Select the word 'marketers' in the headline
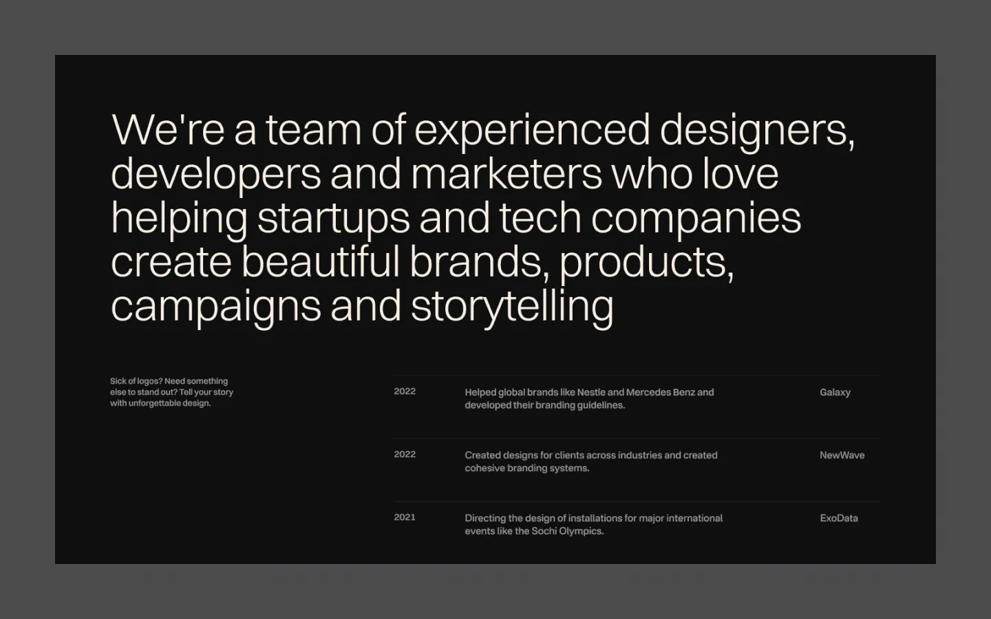pos(507,174)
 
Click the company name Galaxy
pos(835,392)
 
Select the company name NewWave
pos(842,455)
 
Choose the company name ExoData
pos(839,518)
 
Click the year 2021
pos(405,517)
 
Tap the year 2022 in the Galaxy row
pos(405,391)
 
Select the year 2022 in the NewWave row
pos(405,455)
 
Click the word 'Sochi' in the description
pos(544,531)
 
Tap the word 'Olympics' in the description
pos(582,532)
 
